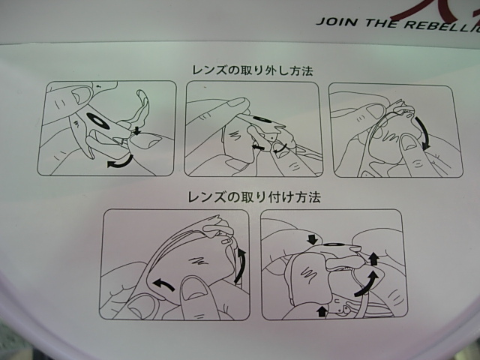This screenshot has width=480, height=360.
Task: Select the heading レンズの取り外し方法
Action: coord(251,70)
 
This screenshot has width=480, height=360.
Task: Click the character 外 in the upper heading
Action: coord(269,70)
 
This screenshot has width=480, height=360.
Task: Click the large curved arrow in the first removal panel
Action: coord(118,163)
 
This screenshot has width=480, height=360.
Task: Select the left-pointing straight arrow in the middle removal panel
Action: coord(259,148)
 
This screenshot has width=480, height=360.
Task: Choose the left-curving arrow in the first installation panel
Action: coord(163,284)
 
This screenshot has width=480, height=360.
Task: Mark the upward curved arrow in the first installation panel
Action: coord(241,266)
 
